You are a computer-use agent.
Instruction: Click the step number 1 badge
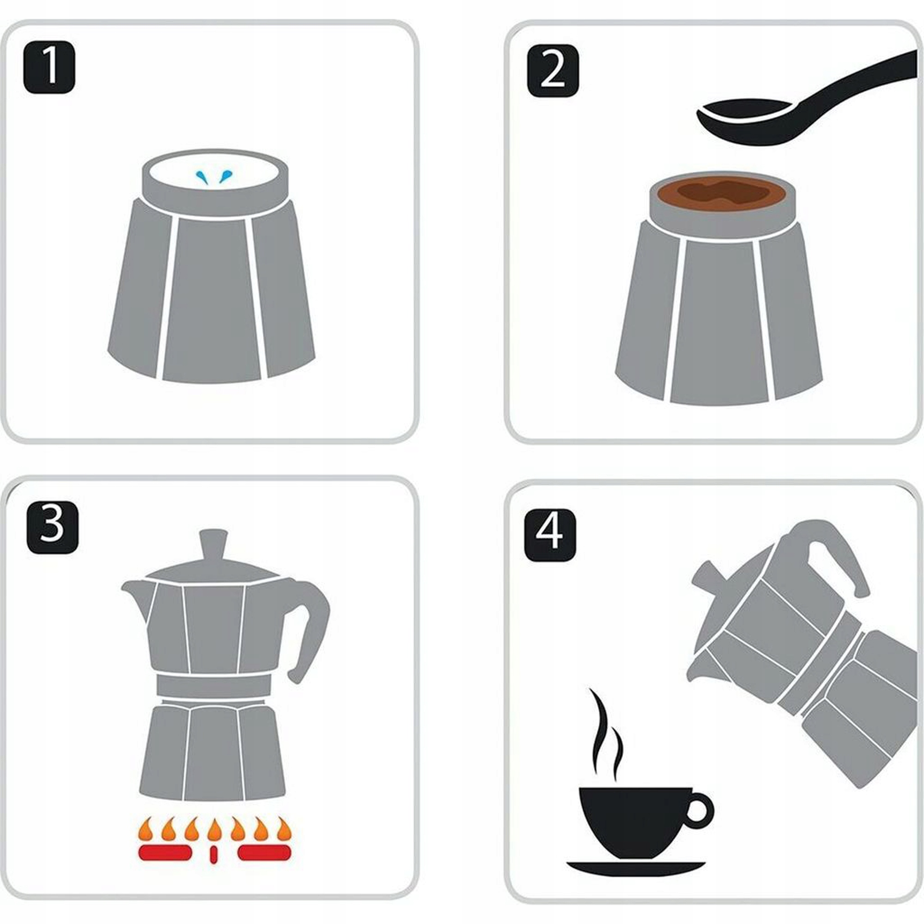click(x=49, y=67)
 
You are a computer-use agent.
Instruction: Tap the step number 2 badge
click(x=553, y=71)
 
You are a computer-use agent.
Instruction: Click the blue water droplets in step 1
click(x=213, y=176)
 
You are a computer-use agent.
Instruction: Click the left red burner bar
click(x=164, y=853)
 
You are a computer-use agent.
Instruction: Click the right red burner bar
click(x=264, y=853)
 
